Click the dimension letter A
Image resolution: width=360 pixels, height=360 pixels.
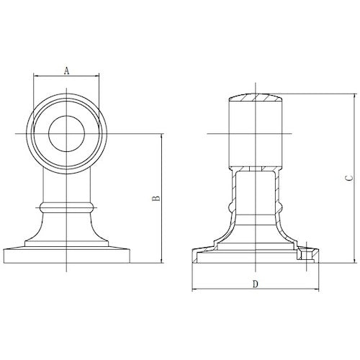coord(66,71)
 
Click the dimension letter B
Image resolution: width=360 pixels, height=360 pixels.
coord(156,199)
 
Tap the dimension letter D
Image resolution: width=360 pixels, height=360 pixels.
coord(255,284)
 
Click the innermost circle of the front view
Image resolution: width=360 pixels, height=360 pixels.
coord(66,134)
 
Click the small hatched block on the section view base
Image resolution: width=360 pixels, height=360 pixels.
coord(310,253)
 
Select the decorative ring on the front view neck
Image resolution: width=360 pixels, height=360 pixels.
coord(66,207)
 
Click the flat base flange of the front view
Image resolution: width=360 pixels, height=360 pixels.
coord(66,256)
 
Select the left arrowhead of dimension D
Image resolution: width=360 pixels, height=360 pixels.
coord(194,290)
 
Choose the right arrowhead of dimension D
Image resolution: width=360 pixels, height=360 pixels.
coord(318,290)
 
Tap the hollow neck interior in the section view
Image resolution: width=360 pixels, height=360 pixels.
coord(255,194)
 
